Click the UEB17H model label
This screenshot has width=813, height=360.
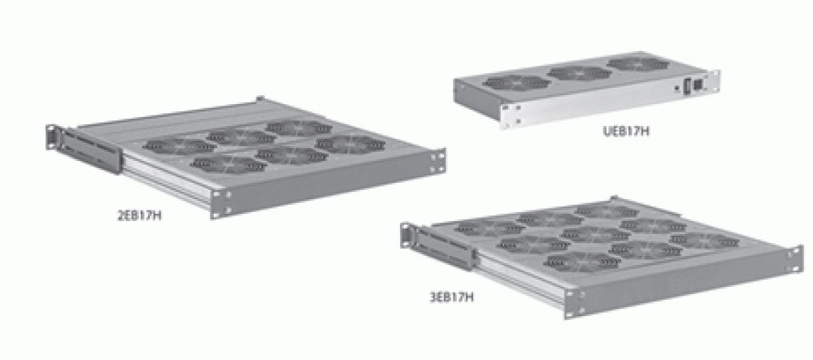(x=626, y=131)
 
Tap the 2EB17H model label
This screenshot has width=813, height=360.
(x=140, y=215)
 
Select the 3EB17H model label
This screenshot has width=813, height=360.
(x=451, y=298)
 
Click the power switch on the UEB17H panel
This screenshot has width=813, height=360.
(x=688, y=86)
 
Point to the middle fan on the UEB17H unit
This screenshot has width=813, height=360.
(x=579, y=72)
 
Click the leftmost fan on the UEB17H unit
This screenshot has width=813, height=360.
(x=516, y=83)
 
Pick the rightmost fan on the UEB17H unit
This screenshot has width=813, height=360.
(x=637, y=63)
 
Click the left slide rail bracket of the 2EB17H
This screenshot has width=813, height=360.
(x=87, y=150)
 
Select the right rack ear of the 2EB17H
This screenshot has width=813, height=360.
(x=438, y=162)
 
